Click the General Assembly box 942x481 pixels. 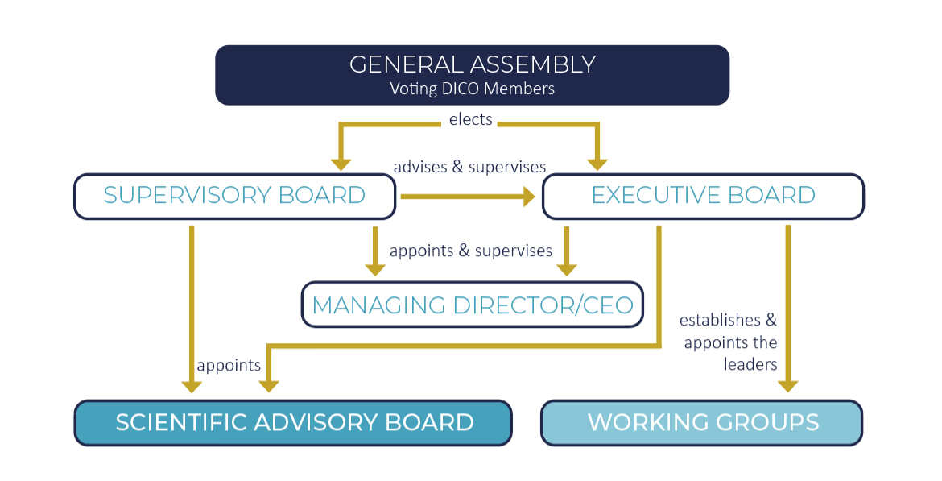(x=472, y=75)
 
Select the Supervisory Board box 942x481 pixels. (x=235, y=197)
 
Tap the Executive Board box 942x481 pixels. (x=704, y=197)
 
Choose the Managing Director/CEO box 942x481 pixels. (x=472, y=305)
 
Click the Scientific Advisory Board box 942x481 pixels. (x=293, y=423)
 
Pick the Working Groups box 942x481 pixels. (x=702, y=423)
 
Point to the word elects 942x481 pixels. (x=471, y=120)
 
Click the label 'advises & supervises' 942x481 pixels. (x=470, y=167)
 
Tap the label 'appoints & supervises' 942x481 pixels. (x=471, y=251)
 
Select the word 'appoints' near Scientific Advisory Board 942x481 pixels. (x=229, y=366)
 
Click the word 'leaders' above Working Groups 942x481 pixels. (x=750, y=364)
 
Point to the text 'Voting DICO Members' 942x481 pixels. (x=472, y=89)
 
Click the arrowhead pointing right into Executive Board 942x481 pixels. (x=529, y=196)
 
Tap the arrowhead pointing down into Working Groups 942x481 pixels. (x=787, y=387)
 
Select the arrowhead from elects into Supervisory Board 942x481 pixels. (x=341, y=164)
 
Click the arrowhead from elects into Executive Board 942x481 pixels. (x=597, y=164)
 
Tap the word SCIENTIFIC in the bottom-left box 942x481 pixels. (x=182, y=423)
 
